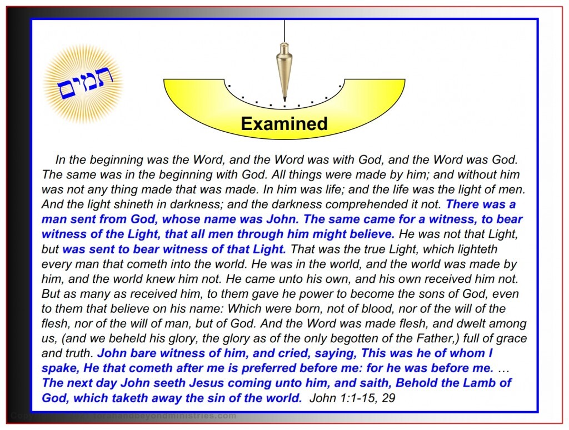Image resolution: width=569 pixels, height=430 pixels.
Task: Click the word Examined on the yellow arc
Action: [284, 123]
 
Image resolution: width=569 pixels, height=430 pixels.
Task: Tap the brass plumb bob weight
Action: [284, 75]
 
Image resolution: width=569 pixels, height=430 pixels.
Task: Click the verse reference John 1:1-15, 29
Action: [352, 398]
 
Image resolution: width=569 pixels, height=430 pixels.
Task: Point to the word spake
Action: [59, 368]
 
